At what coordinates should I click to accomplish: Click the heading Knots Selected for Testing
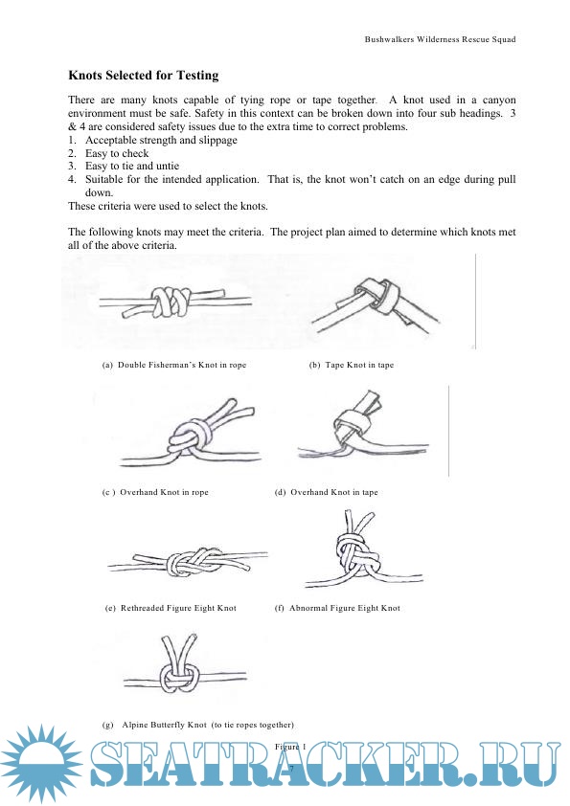tap(144, 75)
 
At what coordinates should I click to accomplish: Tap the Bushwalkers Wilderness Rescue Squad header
tap(440, 39)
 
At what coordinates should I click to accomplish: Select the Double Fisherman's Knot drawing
tap(175, 302)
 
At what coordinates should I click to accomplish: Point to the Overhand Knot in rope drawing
tap(190, 435)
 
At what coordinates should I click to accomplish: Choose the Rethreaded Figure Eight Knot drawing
tap(188, 565)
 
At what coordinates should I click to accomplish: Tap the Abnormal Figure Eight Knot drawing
tap(363, 550)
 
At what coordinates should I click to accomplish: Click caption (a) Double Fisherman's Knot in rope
tap(174, 365)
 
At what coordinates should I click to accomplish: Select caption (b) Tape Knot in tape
tap(352, 365)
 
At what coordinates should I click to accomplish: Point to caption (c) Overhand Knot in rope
tap(155, 492)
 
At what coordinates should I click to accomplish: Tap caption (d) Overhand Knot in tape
tap(327, 492)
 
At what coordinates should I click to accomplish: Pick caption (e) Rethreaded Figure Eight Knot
tap(171, 608)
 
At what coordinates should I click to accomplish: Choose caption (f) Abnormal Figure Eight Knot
tap(337, 608)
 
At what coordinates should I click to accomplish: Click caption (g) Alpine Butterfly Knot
tap(198, 725)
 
